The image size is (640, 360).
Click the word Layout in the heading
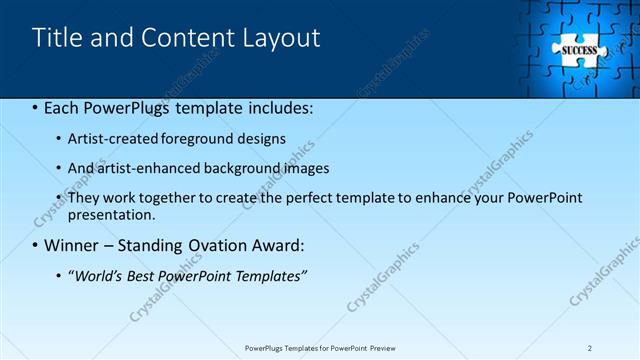click(281, 38)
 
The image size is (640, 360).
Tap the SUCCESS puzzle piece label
click(579, 50)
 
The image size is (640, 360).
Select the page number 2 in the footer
click(590, 348)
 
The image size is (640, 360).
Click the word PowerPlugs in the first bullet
click(122, 107)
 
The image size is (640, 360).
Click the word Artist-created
click(112, 138)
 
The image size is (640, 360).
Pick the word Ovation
click(207, 245)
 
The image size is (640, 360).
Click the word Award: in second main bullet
click(273, 245)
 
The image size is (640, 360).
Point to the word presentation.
click(112, 214)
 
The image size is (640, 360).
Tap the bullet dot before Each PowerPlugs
click(36, 108)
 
